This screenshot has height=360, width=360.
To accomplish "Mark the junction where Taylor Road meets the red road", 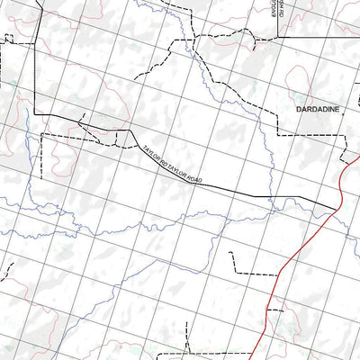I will [335, 210].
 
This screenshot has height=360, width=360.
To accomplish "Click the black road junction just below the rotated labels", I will [277, 38].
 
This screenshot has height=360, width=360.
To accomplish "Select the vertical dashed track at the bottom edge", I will [185, 346].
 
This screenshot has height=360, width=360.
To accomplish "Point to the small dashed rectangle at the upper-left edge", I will [9, 39].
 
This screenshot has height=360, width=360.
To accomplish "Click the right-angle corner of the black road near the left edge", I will [34, 112].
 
